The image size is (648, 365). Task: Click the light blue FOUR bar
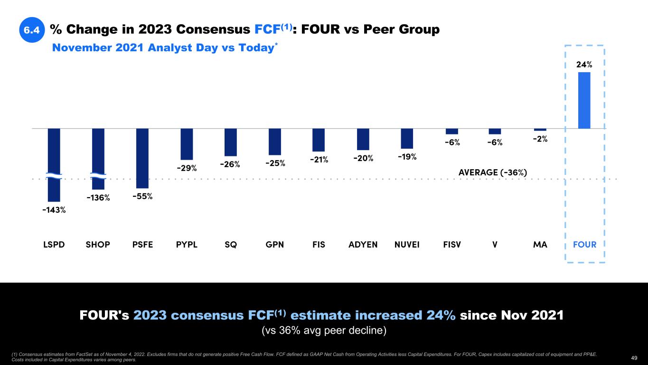[584, 100]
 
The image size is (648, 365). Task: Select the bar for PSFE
[142, 158]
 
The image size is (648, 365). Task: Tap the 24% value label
[584, 63]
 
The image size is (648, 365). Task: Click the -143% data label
[54, 210]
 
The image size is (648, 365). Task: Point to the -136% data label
[98, 198]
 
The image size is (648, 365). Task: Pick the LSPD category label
[54, 245]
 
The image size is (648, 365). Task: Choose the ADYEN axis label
[363, 245]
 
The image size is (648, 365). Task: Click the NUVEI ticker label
[407, 245]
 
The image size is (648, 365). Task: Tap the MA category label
[540, 245]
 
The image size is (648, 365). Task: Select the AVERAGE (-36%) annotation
[493, 172]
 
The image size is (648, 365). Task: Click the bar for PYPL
[187, 144]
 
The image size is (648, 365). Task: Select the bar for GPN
[275, 142]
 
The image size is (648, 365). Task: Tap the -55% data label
[142, 196]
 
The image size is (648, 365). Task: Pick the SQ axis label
[231, 245]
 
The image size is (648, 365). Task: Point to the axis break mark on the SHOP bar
[98, 176]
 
